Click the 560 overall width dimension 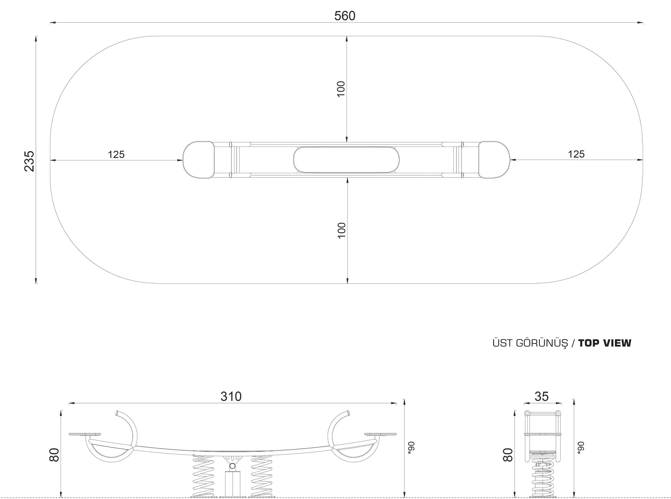pos(344,16)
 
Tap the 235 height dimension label pos(29,161)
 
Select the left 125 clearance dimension pos(116,154)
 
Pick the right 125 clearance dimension pos(576,154)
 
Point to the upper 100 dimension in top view pos(341,89)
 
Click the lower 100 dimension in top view pos(341,230)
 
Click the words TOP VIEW pos(605,343)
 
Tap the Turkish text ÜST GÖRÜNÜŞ pos(529,343)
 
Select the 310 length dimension pos(231,397)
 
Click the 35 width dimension pos(541,397)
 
